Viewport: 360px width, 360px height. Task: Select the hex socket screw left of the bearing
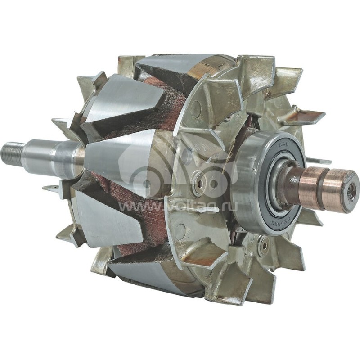pos(198,183)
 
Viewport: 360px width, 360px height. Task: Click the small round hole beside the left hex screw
pos(213,184)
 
